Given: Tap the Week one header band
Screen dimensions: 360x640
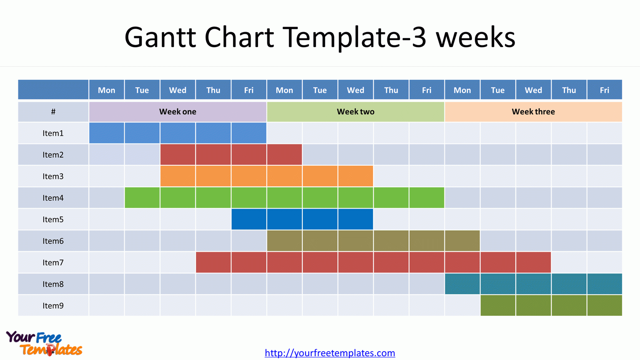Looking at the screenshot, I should pyautogui.click(x=178, y=112).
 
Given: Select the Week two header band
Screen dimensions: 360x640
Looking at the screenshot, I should pyautogui.click(x=355, y=112).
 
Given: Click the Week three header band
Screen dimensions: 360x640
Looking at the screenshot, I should pyautogui.click(x=533, y=112).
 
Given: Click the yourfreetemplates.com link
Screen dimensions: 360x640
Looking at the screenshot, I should pyautogui.click(x=330, y=353).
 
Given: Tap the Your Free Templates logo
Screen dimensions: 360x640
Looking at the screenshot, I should pyautogui.click(x=44, y=343).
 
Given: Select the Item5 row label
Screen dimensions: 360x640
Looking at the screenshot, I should pyautogui.click(x=53, y=219).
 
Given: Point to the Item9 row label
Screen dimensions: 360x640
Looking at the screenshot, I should pyautogui.click(x=53, y=306).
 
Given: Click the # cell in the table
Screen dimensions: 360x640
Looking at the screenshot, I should pyautogui.click(x=53, y=112).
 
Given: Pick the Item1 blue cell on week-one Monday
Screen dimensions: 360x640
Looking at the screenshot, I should pyautogui.click(x=106, y=133).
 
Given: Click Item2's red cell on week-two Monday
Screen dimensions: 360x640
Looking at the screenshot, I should pyautogui.click(x=284, y=155).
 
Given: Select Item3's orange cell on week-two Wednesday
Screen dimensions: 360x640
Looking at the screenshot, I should pyautogui.click(x=355, y=176).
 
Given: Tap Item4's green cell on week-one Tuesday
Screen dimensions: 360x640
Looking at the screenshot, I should pyautogui.click(x=142, y=198).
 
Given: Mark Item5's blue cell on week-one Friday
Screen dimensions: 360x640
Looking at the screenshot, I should pyautogui.click(x=249, y=219).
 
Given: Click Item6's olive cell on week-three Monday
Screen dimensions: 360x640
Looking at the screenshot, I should pyautogui.click(x=462, y=241).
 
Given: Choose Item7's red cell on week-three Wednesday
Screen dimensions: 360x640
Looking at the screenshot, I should pyautogui.click(x=533, y=262).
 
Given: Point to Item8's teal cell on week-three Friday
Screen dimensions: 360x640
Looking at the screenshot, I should pyautogui.click(x=605, y=284).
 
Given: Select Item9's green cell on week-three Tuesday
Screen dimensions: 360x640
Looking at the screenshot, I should pyautogui.click(x=498, y=306).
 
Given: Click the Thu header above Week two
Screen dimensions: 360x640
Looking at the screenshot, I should pyautogui.click(x=391, y=90).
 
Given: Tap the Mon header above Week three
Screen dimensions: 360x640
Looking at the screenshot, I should pyautogui.click(x=462, y=90).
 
